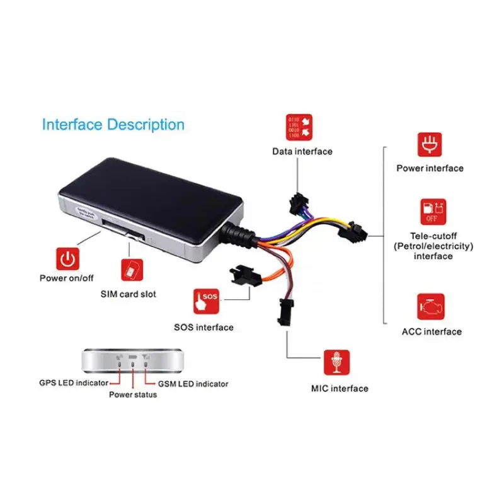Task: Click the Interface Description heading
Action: click(x=113, y=124)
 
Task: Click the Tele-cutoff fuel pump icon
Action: click(x=430, y=212)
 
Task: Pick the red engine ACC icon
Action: click(x=430, y=306)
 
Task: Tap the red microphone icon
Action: click(x=337, y=362)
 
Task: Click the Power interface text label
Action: click(x=430, y=168)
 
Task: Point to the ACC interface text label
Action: click(x=432, y=331)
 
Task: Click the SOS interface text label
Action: click(x=203, y=327)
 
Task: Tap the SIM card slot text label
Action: click(x=129, y=294)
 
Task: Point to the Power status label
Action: click(x=133, y=394)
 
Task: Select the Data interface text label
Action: click(x=302, y=151)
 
